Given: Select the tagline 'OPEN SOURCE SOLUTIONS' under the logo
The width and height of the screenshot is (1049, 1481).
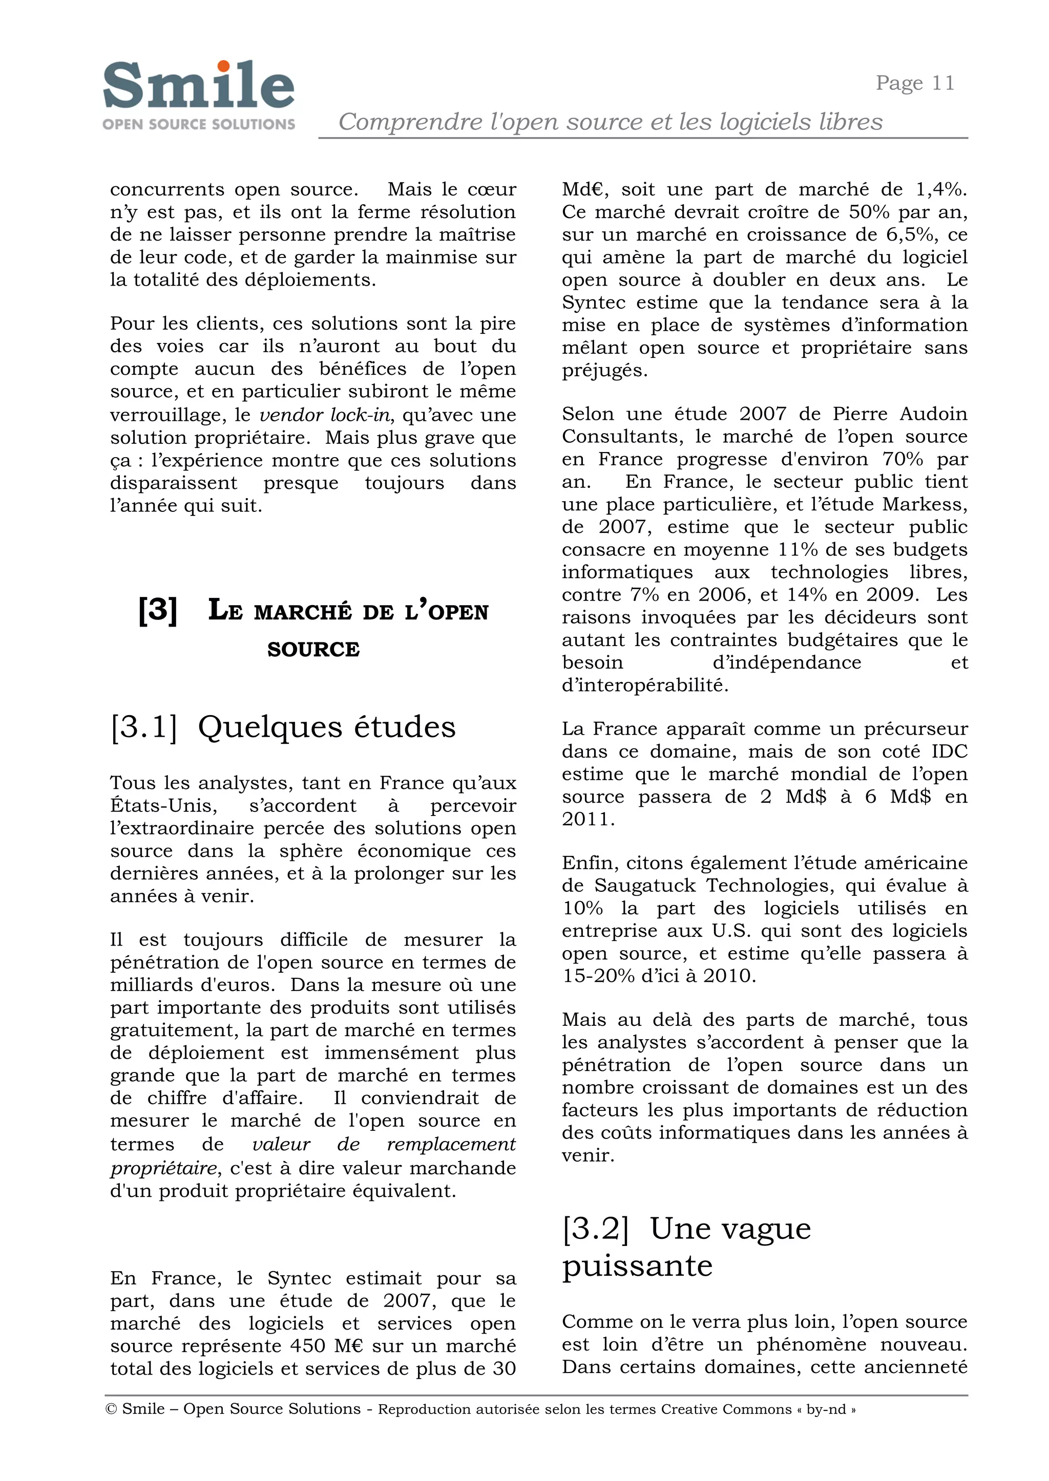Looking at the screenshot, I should coord(198,124).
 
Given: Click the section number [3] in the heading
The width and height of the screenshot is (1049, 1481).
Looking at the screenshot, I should coord(158,610).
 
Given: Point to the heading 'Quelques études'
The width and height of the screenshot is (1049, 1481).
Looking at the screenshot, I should coord(326,727).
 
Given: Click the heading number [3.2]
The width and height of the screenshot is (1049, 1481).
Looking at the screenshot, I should coord(595,1228).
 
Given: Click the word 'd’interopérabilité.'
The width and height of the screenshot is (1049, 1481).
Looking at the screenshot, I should coord(645,685).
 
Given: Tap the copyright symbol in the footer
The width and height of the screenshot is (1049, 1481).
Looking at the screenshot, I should coord(111,1409).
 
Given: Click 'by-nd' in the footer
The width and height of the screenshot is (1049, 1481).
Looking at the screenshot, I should coord(826,1409).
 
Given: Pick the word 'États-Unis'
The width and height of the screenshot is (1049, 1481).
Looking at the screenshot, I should coord(160,805).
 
